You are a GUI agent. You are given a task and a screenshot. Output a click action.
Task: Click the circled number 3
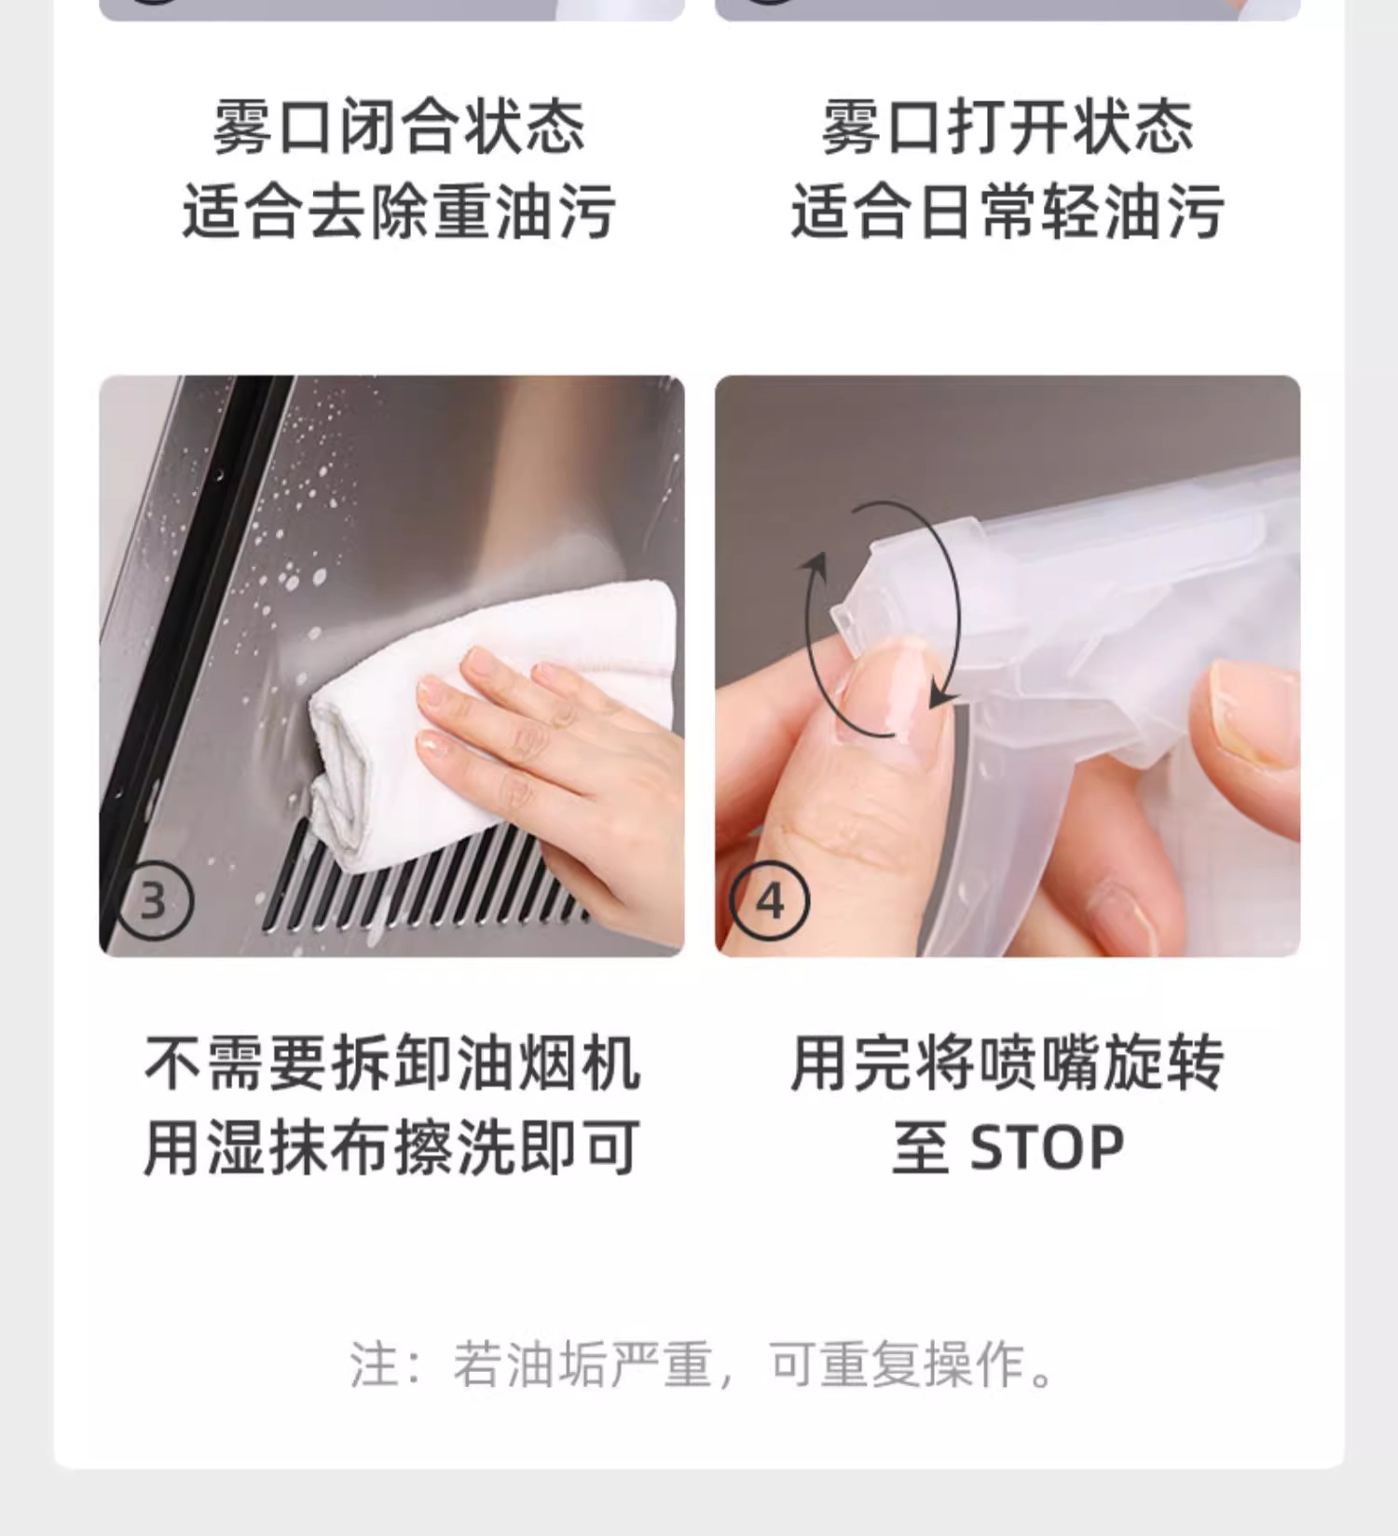tap(154, 901)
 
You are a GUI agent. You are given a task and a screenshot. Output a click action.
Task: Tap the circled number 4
tap(770, 901)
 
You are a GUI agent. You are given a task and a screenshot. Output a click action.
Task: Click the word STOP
tap(1047, 1147)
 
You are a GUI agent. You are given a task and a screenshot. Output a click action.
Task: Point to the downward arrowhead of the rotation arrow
tap(943, 695)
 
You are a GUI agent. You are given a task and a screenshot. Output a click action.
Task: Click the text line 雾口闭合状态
tap(399, 128)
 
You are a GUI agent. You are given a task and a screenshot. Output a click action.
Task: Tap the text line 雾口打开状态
tap(1007, 128)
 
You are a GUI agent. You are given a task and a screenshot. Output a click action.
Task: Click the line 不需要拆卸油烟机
tap(392, 1063)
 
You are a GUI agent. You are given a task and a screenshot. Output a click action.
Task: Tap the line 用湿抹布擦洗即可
tap(392, 1147)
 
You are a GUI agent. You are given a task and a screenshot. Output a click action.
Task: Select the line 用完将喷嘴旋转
tap(1007, 1063)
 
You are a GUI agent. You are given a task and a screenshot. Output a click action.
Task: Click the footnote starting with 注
tap(704, 1365)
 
